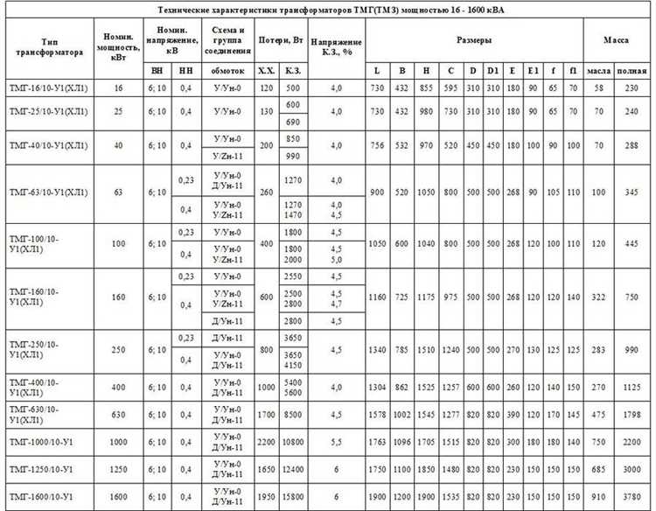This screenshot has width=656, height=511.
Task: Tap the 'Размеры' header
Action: (474, 41)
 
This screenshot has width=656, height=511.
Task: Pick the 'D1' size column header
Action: (492, 69)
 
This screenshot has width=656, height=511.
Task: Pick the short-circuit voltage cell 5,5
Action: (336, 444)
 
